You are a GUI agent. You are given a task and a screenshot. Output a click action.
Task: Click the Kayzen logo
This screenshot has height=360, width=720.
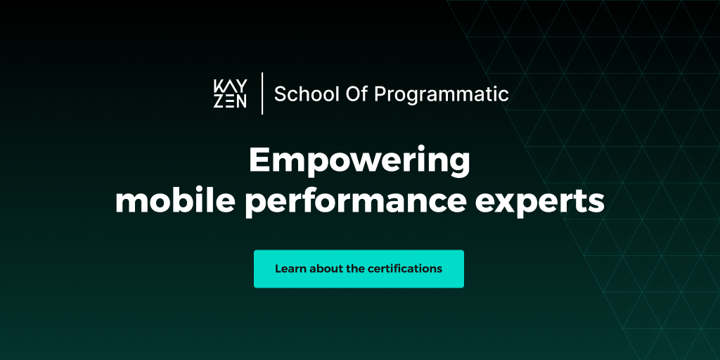pos(230,94)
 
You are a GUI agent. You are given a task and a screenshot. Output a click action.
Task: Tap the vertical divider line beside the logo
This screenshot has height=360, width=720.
pos(262,94)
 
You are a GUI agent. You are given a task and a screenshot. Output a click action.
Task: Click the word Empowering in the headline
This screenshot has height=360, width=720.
pos(359,161)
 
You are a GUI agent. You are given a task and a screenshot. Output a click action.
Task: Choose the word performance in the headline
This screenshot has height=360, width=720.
pos(354,202)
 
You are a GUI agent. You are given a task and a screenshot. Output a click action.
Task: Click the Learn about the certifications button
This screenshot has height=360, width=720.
pos(359,269)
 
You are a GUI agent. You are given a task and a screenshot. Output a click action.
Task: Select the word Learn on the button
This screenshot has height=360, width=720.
pos(290,269)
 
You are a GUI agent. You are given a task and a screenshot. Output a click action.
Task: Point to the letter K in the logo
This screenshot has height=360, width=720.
pos(218,86)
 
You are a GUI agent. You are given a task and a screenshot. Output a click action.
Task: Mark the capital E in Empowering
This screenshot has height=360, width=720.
pos(259,161)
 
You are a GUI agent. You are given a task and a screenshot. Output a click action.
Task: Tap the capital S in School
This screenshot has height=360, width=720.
pos(280,94)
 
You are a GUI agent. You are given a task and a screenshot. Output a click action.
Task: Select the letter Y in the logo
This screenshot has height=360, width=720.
pos(241,86)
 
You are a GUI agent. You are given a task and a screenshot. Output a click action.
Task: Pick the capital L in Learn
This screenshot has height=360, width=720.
pos(278,269)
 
